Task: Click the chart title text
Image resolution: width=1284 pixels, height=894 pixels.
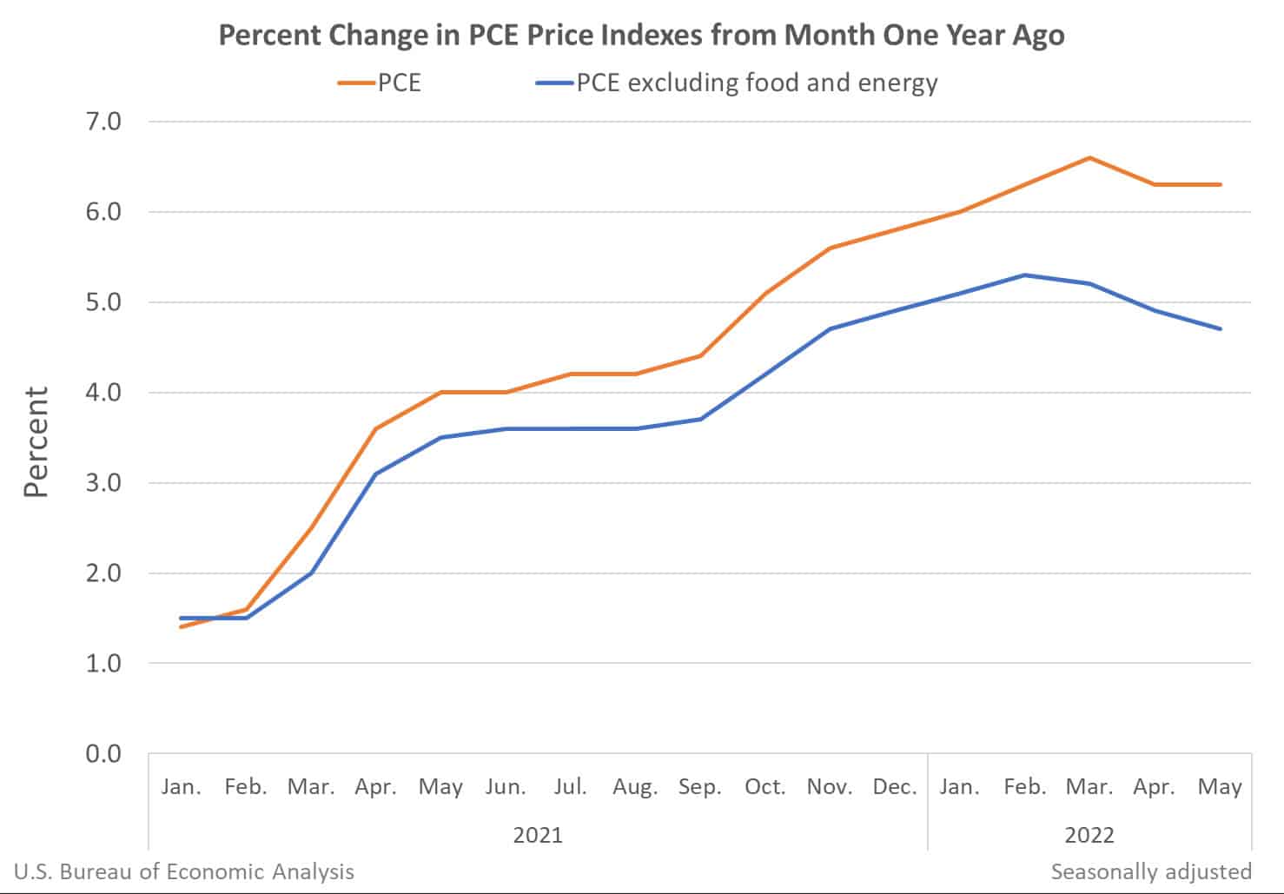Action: pos(641,36)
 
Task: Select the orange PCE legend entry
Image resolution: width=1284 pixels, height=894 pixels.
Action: pos(381,83)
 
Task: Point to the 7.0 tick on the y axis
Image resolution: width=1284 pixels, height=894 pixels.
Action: pos(103,121)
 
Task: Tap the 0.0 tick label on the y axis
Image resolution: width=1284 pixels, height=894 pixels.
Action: pos(103,753)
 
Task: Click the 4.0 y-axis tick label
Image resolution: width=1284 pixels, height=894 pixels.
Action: pos(103,393)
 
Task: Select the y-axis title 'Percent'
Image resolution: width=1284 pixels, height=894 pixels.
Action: pos(36,442)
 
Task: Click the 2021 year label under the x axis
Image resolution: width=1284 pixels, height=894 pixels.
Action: pos(538,835)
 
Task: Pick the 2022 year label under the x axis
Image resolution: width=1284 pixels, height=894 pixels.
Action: pos(1089,835)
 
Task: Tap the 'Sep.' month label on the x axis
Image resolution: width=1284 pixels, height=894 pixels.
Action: pos(700,787)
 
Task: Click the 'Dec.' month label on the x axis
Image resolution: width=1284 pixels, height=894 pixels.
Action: pos(895,787)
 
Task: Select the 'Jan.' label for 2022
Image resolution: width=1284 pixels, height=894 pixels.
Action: pos(959,787)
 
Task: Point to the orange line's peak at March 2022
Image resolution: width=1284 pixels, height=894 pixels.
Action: pos(1089,157)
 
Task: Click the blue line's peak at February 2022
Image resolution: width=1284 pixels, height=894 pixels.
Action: pos(1025,275)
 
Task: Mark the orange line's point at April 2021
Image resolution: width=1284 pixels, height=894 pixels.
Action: pos(375,428)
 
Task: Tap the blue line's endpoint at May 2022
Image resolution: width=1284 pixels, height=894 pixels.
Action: pos(1220,328)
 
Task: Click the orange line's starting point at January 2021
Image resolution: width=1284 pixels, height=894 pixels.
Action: pos(181,626)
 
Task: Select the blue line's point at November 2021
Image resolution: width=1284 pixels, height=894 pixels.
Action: pos(831,328)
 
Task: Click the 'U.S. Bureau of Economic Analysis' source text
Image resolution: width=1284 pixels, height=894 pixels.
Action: pos(184,871)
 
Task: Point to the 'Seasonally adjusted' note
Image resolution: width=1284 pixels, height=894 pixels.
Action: pos(1151,871)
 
